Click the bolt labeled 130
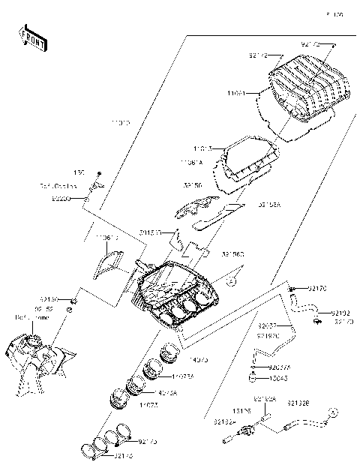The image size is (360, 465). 98,172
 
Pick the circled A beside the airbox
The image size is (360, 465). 232,280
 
